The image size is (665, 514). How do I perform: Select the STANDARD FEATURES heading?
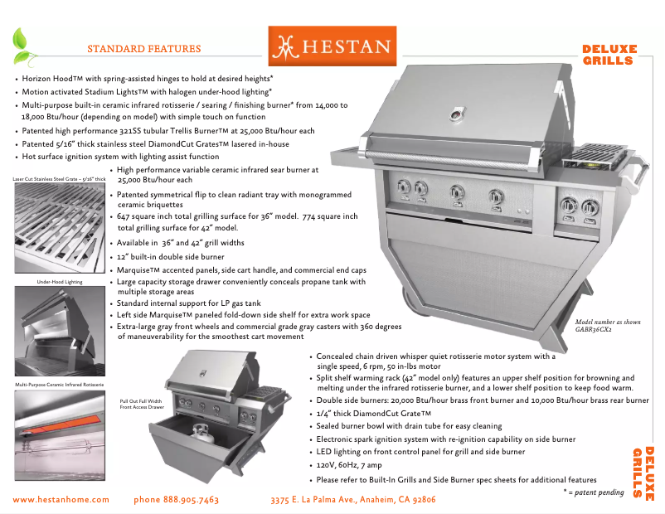tap(143, 49)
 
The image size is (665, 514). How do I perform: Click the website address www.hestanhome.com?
tap(61, 499)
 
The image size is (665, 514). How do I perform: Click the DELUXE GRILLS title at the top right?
tap(609, 55)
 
